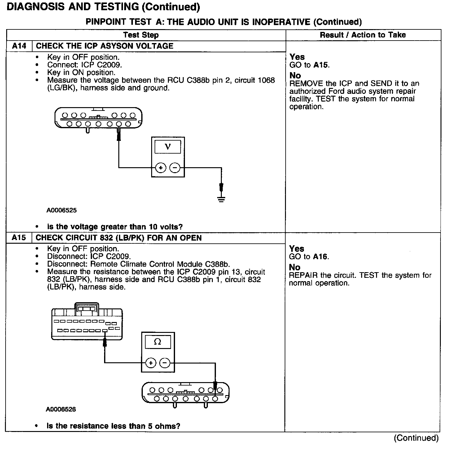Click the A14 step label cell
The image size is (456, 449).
[x=19, y=46]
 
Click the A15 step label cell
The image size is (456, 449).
[x=19, y=238]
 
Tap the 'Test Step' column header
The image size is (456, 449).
[x=141, y=35]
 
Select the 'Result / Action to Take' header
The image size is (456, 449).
[x=363, y=35]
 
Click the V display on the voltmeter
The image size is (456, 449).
[x=168, y=146]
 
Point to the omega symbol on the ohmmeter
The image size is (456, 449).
[x=157, y=342]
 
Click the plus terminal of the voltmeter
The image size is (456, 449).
[x=160, y=168]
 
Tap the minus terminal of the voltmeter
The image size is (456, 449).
[x=175, y=168]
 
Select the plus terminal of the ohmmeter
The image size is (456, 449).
[x=151, y=363]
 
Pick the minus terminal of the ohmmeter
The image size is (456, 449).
[x=165, y=363]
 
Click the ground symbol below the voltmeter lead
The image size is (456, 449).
[x=221, y=199]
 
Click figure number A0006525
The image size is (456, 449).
[x=62, y=210]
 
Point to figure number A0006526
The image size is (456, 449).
[x=61, y=409]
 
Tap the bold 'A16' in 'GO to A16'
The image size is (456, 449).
[x=321, y=257]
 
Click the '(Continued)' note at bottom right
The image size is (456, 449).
[x=416, y=438]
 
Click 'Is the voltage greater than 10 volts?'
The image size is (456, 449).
[x=115, y=227]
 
